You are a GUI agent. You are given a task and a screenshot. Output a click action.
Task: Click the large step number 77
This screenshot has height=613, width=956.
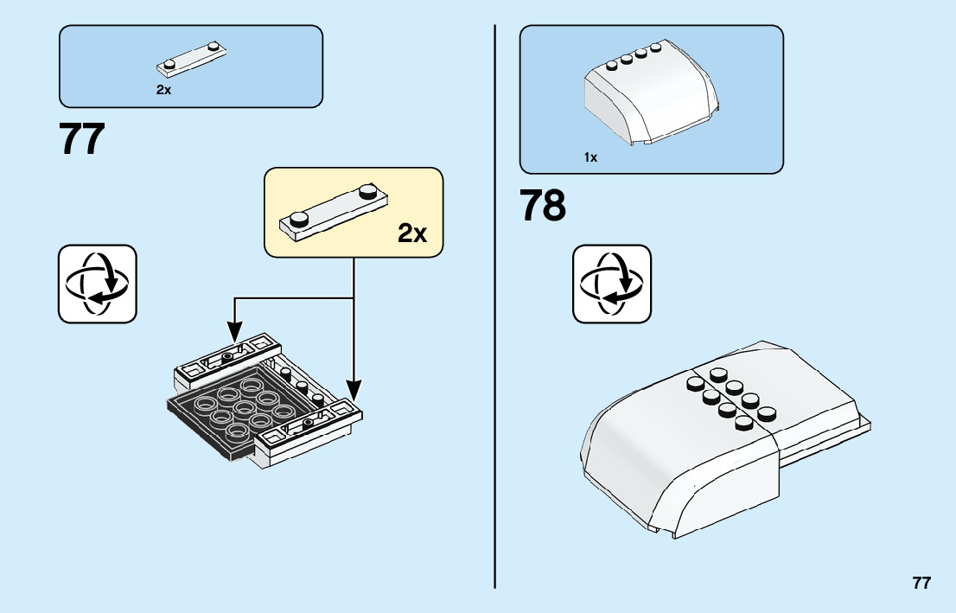pyautogui.click(x=82, y=138)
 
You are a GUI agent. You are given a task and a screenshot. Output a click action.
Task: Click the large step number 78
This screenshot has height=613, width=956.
pyautogui.click(x=543, y=206)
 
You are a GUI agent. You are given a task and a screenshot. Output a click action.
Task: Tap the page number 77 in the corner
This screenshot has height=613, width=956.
pyautogui.click(x=921, y=583)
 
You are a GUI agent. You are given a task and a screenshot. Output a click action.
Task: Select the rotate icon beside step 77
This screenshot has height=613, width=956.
pyautogui.click(x=97, y=284)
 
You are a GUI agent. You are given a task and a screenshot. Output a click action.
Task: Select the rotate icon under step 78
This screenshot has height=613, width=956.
pyautogui.click(x=612, y=284)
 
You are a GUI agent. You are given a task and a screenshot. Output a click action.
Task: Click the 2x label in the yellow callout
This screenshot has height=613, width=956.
pyautogui.click(x=412, y=233)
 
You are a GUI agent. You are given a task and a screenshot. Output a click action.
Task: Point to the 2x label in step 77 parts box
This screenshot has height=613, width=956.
pyautogui.click(x=164, y=90)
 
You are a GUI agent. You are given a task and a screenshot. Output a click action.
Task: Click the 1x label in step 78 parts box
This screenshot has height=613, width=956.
pyautogui.click(x=590, y=157)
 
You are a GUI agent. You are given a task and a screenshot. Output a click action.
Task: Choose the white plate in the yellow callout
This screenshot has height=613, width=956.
pyautogui.click(x=333, y=210)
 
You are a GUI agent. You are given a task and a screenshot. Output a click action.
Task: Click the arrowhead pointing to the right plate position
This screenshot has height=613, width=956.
pyautogui.click(x=354, y=388)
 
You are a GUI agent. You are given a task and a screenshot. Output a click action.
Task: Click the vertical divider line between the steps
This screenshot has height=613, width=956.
pyautogui.click(x=494, y=303)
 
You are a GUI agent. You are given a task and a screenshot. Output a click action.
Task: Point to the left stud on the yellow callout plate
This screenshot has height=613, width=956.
pyautogui.click(x=300, y=220)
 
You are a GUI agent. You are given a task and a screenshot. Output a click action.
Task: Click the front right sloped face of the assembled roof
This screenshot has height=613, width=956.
pyautogui.click(x=735, y=484)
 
